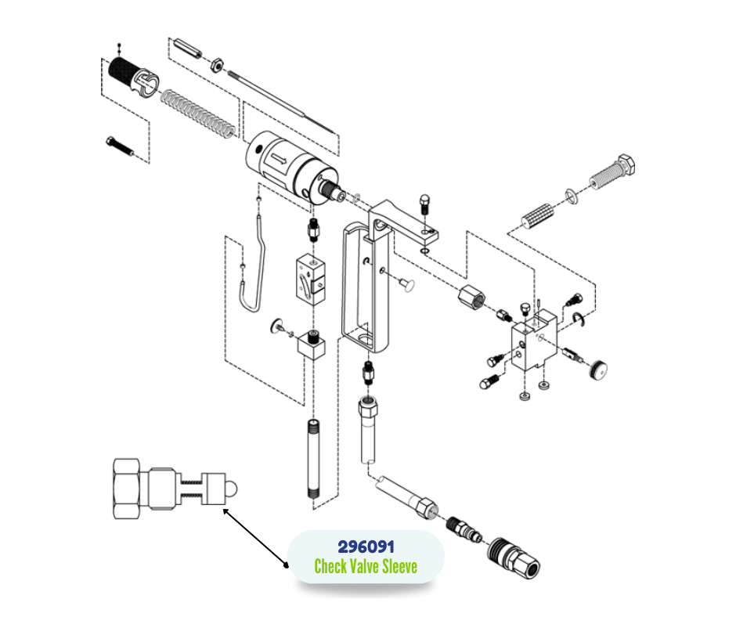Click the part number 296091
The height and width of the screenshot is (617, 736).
366,547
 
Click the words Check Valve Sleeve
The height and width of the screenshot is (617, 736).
366,566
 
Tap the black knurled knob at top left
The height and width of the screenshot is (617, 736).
121,71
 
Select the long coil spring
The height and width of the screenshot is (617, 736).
198,114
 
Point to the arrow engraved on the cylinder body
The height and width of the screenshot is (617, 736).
278,160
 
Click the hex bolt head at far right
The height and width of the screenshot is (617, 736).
626,164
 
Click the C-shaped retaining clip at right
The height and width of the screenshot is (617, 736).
579,319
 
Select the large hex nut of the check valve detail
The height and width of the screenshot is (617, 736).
127,489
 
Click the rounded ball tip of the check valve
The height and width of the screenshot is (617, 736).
232,489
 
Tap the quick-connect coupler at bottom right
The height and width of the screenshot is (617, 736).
514,557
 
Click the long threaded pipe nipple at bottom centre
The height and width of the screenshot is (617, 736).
314,459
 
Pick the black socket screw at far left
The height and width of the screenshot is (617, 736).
120,146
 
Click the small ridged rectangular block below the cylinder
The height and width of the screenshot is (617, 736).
311,280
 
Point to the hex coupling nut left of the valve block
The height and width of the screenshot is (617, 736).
471,297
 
